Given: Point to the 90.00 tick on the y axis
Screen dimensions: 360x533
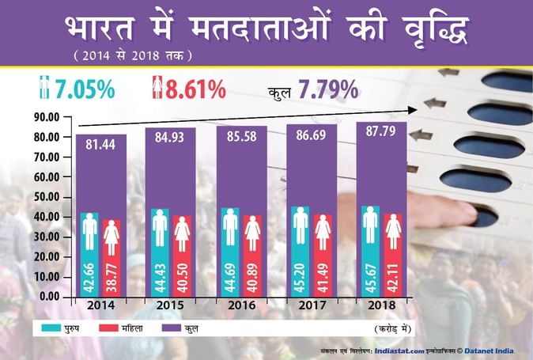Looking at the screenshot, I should [46, 117].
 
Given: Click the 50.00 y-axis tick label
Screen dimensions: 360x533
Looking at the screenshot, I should [46, 197].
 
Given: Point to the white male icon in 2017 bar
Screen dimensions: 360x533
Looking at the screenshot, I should [300, 226].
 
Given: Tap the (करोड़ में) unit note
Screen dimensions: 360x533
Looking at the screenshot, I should [394, 327].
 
